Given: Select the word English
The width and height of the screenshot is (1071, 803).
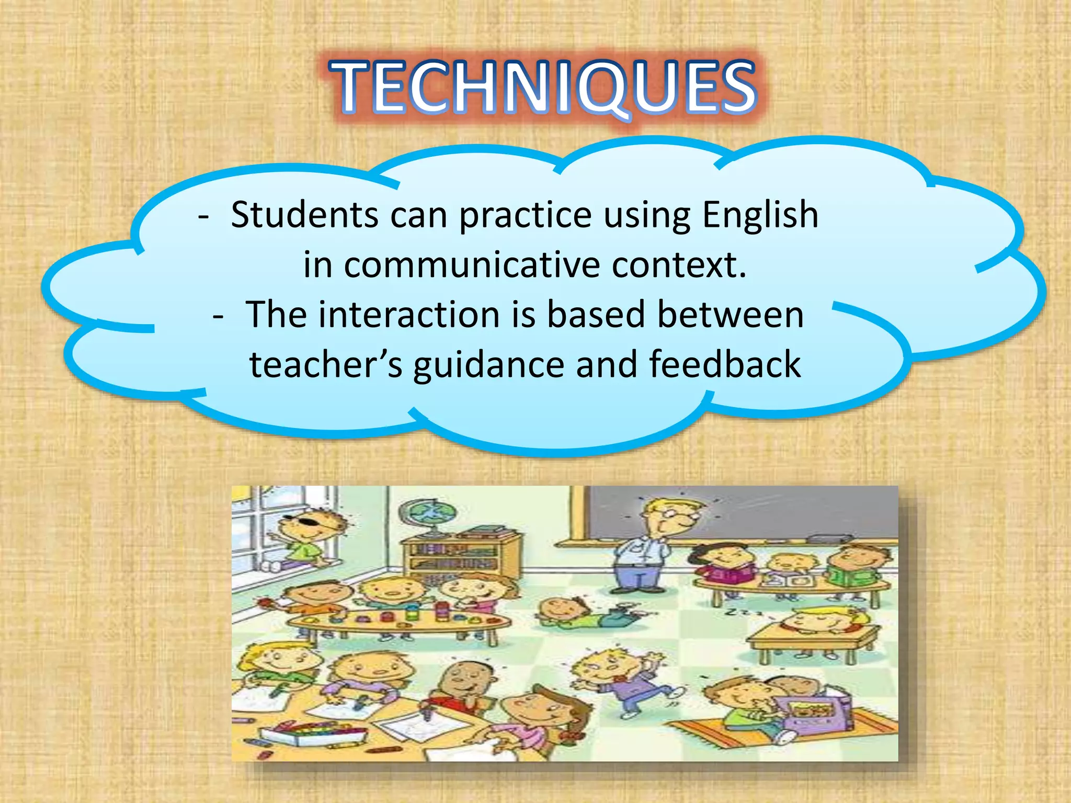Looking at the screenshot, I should click(760, 215).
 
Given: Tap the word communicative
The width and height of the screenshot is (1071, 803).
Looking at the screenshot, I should click(472, 265).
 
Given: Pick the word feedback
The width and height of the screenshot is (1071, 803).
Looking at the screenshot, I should click(725, 364).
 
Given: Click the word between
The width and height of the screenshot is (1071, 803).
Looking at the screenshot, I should click(731, 315).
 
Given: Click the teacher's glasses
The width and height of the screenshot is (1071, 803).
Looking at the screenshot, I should click(677, 515).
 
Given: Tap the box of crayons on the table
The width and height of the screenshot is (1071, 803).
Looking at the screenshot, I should click(314, 732).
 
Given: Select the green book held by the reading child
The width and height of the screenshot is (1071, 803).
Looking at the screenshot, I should click(858, 575).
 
